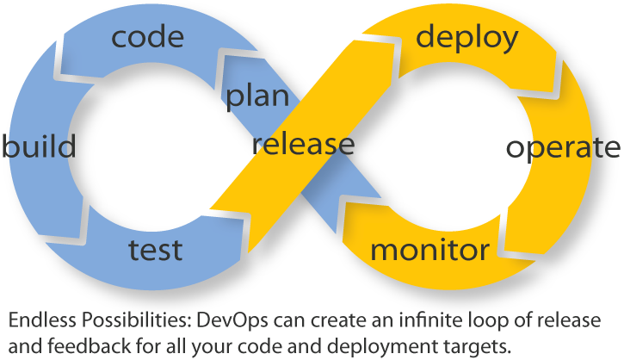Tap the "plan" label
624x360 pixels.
click(x=257, y=96)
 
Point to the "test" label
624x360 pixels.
click(x=155, y=250)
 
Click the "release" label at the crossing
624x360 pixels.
click(x=303, y=144)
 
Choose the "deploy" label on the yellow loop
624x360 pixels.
click(x=466, y=38)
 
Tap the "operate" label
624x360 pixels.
click(x=563, y=148)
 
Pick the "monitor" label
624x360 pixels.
click(x=429, y=250)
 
